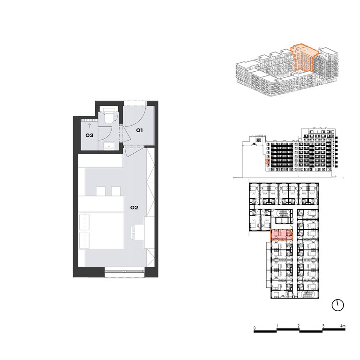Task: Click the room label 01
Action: [x=139, y=130]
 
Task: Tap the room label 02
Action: [x=135, y=208]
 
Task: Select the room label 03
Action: [x=90, y=135]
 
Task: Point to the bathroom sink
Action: [x=109, y=146]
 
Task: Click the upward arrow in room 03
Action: [x=90, y=126]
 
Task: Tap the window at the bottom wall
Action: [x=125, y=271]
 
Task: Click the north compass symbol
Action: [x=337, y=305]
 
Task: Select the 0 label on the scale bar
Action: [x=255, y=328]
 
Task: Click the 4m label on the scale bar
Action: [x=343, y=326]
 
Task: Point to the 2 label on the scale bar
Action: [x=299, y=326]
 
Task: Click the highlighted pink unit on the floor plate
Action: [x=282, y=235]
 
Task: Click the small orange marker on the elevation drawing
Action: [x=268, y=161]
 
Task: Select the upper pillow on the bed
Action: [x=84, y=222]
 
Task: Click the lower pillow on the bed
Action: [x=84, y=240]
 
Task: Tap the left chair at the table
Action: [x=101, y=191]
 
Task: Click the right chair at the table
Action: [x=116, y=191]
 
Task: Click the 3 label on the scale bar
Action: [x=323, y=326]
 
